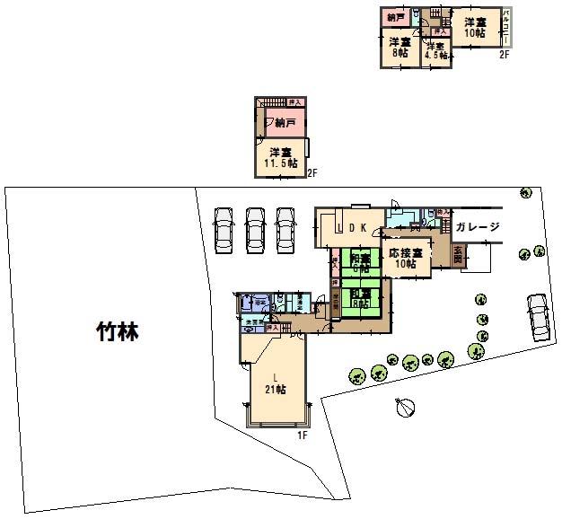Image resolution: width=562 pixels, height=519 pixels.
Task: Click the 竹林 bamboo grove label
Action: coord(118,332)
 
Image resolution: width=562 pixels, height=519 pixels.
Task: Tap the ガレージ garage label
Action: coord(476,226)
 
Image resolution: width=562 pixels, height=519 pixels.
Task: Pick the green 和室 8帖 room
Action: coord(361,299)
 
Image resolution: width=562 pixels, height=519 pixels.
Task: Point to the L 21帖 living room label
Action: coord(276,383)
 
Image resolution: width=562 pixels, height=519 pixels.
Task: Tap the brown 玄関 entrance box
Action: coord(458,254)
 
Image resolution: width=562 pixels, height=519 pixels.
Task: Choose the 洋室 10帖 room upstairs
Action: coord(474,27)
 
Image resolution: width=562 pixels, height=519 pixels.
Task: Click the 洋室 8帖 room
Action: coord(400,48)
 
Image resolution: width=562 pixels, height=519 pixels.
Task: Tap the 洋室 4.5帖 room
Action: coord(435,51)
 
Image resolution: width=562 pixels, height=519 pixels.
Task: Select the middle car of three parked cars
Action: coord(254,230)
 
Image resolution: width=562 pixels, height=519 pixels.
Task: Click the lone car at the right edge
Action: coord(539,316)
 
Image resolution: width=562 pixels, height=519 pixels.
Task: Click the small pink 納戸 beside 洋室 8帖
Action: coord(394,18)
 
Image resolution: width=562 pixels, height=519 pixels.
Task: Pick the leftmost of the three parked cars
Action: coord(223,230)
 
